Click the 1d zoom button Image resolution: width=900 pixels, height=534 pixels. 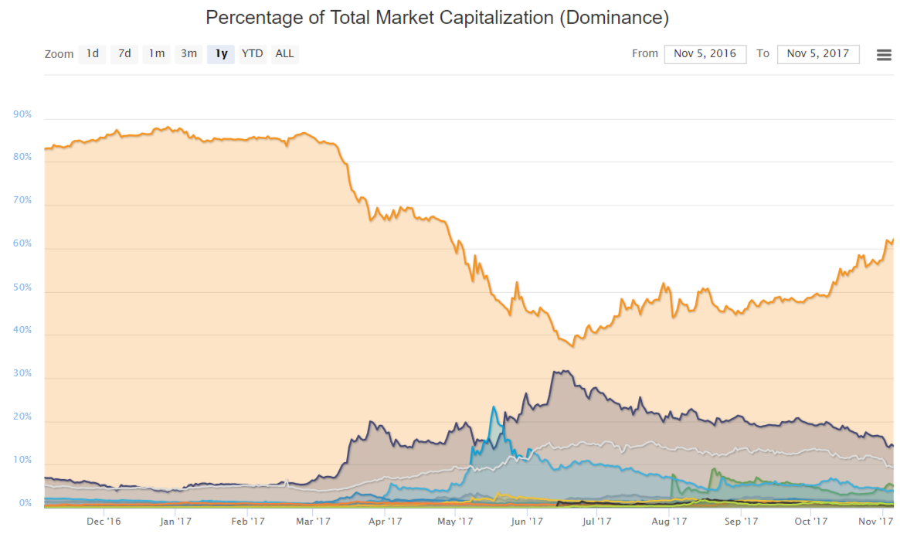pos(92,54)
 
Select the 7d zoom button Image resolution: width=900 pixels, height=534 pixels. pos(124,54)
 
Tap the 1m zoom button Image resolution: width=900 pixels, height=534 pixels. pos(157,54)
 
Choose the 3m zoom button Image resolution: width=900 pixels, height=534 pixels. pos(188,54)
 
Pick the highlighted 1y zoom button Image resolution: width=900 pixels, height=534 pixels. pos(221,54)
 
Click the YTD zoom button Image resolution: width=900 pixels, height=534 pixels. pos(252,54)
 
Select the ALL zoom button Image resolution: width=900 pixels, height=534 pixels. pos(284,54)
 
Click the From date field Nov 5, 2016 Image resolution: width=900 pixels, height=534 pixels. pos(705,54)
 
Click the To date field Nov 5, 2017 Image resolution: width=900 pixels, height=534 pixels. pos(817,54)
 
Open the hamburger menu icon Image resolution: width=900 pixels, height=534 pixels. pos(885,55)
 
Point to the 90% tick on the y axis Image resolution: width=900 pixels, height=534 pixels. pos(22,114)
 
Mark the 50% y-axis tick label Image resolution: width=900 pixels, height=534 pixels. pos(22,287)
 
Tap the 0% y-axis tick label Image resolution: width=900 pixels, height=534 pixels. pos(25,503)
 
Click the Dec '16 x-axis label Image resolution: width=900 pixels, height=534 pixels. pos(104,522)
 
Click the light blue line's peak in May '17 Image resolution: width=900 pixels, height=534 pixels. pos(493,406)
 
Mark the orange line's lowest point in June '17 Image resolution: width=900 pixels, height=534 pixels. pos(572,345)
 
